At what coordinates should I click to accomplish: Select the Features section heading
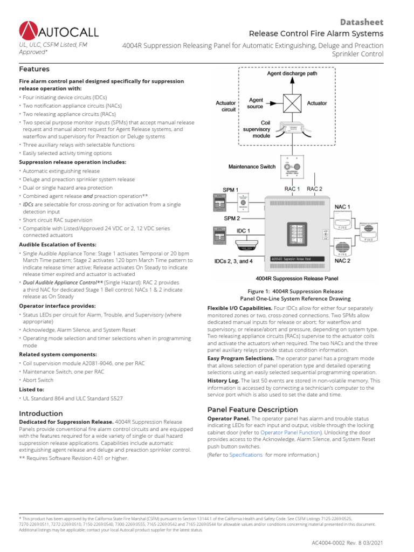coord(34,69)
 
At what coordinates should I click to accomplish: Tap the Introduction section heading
coord(41,413)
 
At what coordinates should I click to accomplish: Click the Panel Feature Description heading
coord(252,409)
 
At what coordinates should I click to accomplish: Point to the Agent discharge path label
coord(292,73)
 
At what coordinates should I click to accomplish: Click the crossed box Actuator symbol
coord(293,102)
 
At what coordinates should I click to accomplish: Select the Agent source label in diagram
coord(255,103)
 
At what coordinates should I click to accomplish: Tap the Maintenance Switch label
coord(252,167)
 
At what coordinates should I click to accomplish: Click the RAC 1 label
coord(292,189)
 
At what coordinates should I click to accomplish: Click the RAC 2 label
coord(315,189)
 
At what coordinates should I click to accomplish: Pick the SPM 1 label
coord(231,190)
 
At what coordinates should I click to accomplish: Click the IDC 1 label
coord(243,231)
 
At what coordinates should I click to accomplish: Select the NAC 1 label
coord(342,206)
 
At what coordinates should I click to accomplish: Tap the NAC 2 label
coord(342,261)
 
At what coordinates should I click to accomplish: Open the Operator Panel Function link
coord(287,432)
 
